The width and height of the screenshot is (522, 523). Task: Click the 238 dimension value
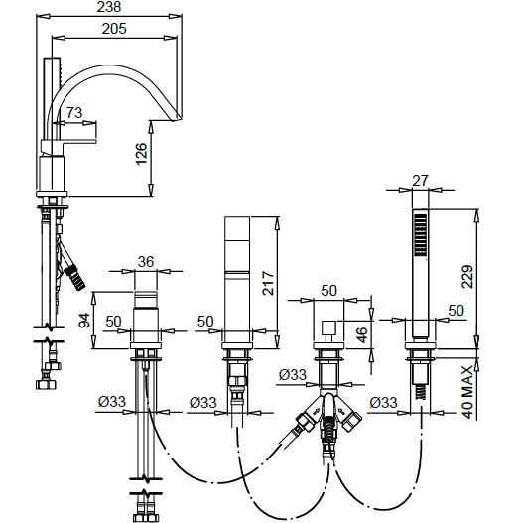109,7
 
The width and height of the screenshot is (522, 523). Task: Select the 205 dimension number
114,29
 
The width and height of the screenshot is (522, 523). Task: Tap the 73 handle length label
74,113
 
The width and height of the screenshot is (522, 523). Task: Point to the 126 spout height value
141,154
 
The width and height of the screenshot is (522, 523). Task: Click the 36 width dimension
146,262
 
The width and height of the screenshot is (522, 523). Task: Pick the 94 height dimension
84,321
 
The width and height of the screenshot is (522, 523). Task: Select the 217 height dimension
268,284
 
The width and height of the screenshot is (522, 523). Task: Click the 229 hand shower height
467,276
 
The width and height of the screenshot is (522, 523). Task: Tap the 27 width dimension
420,181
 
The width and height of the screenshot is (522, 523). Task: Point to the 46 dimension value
361,335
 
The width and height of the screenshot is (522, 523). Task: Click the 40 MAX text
467,392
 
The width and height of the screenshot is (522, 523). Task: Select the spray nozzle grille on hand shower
420,235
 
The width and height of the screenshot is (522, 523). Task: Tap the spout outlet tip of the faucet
175,118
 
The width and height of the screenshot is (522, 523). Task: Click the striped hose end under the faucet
75,278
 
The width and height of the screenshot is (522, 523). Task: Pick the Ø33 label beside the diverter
293,375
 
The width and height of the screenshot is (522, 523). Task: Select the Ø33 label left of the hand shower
383,403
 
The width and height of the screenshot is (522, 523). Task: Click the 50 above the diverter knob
328,291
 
